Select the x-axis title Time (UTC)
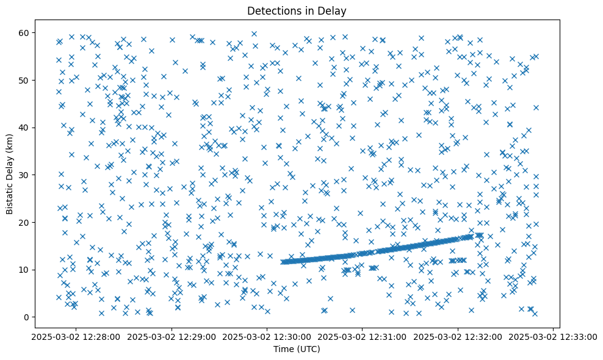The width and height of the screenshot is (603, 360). coord(297,349)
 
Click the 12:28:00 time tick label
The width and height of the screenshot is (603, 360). coord(76,336)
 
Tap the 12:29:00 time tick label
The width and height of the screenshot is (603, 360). coord(172,336)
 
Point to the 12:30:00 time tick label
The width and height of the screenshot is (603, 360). coord(267,336)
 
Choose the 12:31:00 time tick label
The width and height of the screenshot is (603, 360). coord(363,336)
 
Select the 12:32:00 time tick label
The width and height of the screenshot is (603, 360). coord(458,336)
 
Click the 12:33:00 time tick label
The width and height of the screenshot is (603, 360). coord(553,336)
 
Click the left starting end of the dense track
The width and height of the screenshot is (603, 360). coord(283,262)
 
